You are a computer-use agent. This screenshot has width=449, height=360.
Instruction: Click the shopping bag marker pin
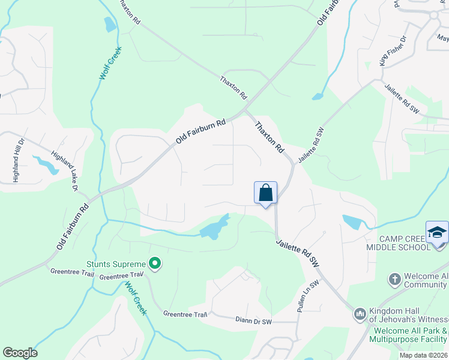[x=265, y=194]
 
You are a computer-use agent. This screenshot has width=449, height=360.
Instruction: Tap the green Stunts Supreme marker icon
[x=155, y=264]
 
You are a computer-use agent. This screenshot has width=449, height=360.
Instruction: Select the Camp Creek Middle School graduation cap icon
[x=437, y=232]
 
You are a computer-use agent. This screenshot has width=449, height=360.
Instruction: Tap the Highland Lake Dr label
[x=65, y=171]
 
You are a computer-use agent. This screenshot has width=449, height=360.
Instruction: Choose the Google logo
[x=20, y=353]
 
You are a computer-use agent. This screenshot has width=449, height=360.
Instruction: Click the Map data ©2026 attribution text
[x=423, y=355]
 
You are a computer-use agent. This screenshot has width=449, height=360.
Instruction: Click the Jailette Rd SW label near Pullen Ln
[x=297, y=253]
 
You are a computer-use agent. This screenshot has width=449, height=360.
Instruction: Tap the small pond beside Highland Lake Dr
[x=46, y=164]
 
